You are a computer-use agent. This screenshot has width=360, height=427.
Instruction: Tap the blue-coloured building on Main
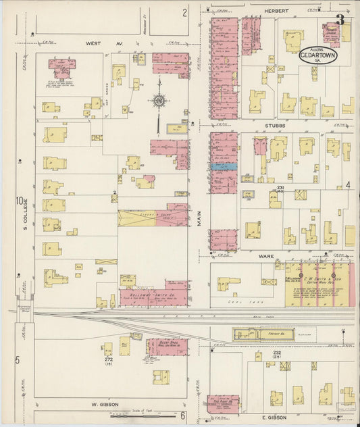tap(224, 166)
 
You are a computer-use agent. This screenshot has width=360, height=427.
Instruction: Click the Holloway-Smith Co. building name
tap(145, 294)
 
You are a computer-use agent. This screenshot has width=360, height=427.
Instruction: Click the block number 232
tap(276, 353)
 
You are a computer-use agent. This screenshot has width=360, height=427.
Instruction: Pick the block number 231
tap(280, 187)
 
